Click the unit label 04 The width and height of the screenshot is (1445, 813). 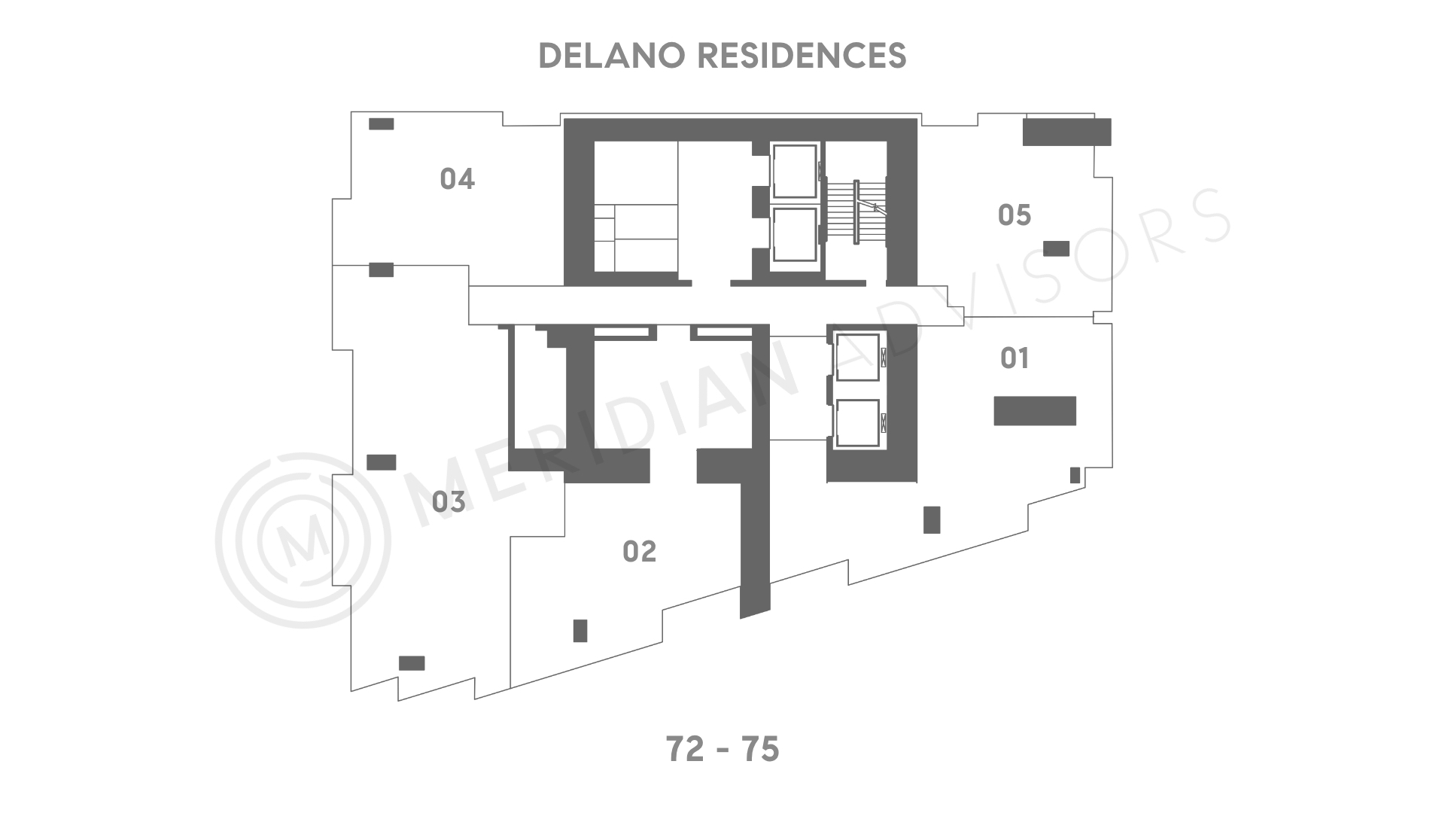click(457, 179)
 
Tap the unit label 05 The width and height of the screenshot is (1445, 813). click(1014, 215)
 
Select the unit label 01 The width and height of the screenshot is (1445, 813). click(1015, 358)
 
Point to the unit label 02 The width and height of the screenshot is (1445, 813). click(640, 552)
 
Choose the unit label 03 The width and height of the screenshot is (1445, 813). click(449, 502)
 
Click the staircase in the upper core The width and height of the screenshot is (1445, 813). click(856, 211)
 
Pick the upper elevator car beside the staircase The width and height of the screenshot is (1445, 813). click(795, 171)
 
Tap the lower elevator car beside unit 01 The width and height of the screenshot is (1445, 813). click(857, 424)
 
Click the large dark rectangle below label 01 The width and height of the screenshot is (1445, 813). click(1035, 411)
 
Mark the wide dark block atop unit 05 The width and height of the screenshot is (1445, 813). click(1066, 132)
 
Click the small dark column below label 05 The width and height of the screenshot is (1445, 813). click(1056, 248)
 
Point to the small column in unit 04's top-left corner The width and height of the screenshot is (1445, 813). click(381, 124)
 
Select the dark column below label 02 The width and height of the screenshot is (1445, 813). click(580, 631)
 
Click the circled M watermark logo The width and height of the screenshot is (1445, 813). click(303, 540)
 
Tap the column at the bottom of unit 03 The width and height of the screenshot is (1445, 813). click(412, 663)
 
